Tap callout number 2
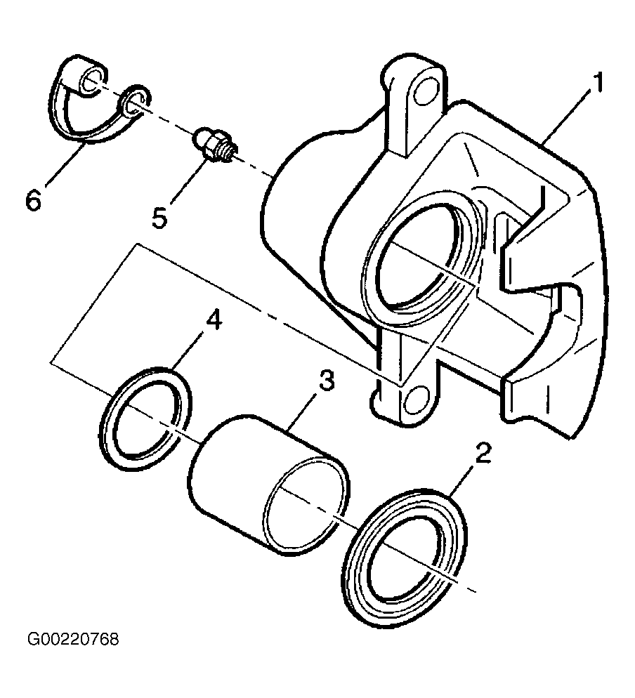click(x=483, y=453)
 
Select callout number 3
click(x=327, y=381)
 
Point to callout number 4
click(x=214, y=320)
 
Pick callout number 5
click(x=159, y=218)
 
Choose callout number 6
click(x=34, y=199)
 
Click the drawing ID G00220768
click(x=73, y=640)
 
